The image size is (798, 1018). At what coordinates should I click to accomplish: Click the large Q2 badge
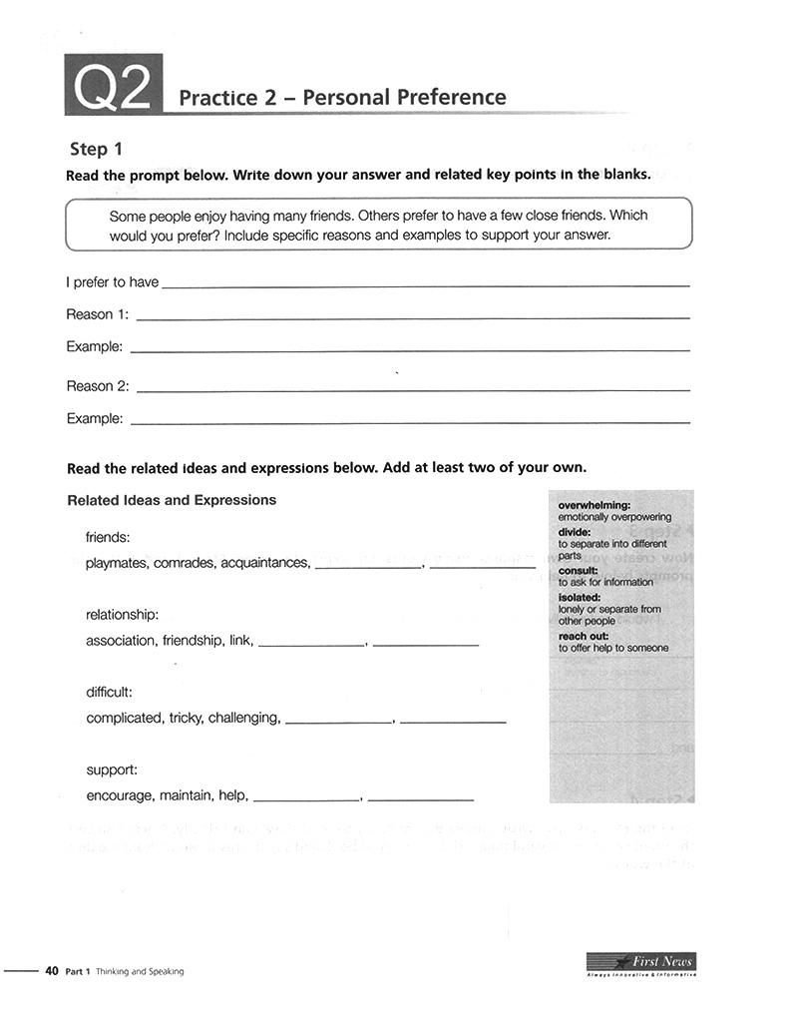click(113, 87)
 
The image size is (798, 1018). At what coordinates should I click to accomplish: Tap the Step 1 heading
click(96, 149)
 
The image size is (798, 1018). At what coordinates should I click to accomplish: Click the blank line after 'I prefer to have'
click(425, 283)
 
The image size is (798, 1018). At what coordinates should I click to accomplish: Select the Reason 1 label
click(97, 314)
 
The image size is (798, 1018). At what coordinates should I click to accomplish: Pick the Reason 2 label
click(97, 386)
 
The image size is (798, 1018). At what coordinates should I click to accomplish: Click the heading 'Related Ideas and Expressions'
click(171, 500)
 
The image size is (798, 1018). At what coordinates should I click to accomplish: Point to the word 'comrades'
click(185, 563)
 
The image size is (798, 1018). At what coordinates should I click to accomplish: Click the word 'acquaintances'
click(264, 563)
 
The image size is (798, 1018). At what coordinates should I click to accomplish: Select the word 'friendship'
click(193, 641)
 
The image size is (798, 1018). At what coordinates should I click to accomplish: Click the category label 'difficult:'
click(109, 692)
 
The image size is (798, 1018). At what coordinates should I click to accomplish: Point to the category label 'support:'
click(112, 770)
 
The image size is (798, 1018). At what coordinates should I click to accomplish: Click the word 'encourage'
click(120, 795)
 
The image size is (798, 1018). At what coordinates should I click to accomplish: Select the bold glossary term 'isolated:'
click(580, 597)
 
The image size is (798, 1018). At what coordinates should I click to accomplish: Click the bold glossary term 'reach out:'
click(584, 636)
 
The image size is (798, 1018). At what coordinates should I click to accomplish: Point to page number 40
click(52, 971)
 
